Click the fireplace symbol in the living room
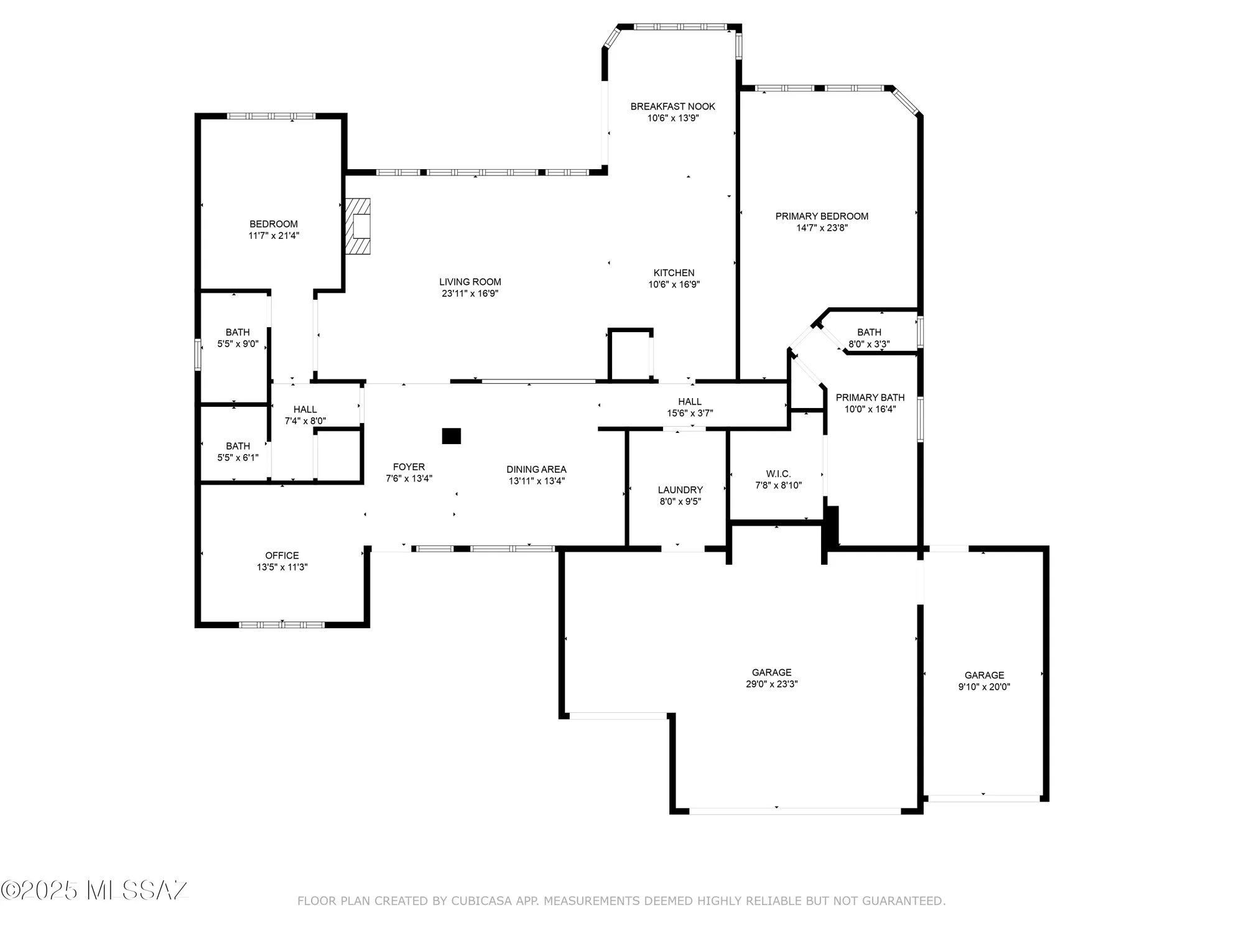point(358,226)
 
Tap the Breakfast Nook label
point(672,106)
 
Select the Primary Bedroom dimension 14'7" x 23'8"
point(822,228)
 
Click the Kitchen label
point(674,272)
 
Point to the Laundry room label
point(680,490)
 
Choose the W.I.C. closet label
point(778,473)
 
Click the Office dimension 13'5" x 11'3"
point(282,567)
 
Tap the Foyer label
point(409,466)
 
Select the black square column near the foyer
point(451,436)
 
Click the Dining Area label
point(536,469)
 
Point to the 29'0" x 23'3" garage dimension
point(771,684)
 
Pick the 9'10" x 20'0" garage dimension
point(984,687)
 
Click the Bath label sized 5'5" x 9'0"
point(238,332)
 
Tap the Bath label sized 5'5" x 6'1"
point(238,446)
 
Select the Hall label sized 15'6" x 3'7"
point(689,402)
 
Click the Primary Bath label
point(870,397)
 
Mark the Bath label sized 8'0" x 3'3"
point(869,332)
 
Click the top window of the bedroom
point(271,116)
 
